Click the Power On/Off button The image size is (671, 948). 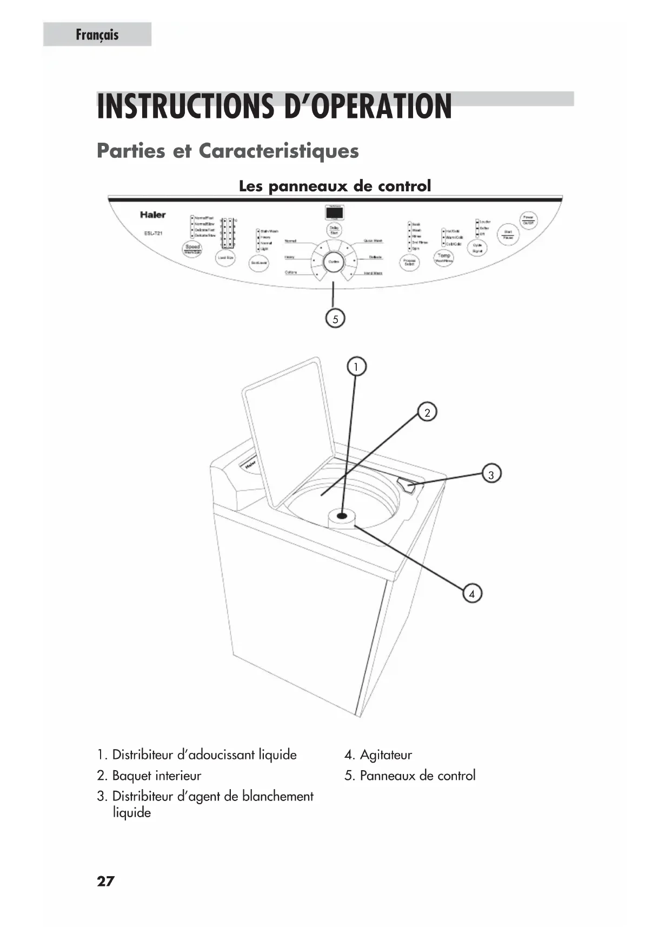click(x=528, y=220)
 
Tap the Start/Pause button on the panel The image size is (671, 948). click(x=508, y=235)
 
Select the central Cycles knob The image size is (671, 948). click(x=334, y=262)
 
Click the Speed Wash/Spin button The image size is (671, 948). click(x=192, y=249)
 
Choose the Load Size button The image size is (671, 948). click(x=225, y=258)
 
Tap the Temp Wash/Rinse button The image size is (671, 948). click(x=444, y=258)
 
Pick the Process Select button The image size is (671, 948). click(x=409, y=263)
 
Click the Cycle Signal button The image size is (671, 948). click(x=477, y=248)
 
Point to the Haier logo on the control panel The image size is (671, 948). click(x=153, y=215)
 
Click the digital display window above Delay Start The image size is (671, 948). click(x=335, y=212)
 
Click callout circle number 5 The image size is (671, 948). click(x=335, y=319)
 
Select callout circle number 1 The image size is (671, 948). click(x=356, y=367)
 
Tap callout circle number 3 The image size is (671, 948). click(x=491, y=475)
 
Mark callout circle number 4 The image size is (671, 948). click(x=472, y=593)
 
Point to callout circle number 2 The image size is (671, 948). click(x=427, y=413)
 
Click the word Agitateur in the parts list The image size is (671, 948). click(x=386, y=755)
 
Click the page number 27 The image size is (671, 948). click(x=105, y=882)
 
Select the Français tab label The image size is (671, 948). click(x=97, y=35)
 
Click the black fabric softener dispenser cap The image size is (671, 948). click(x=342, y=516)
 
